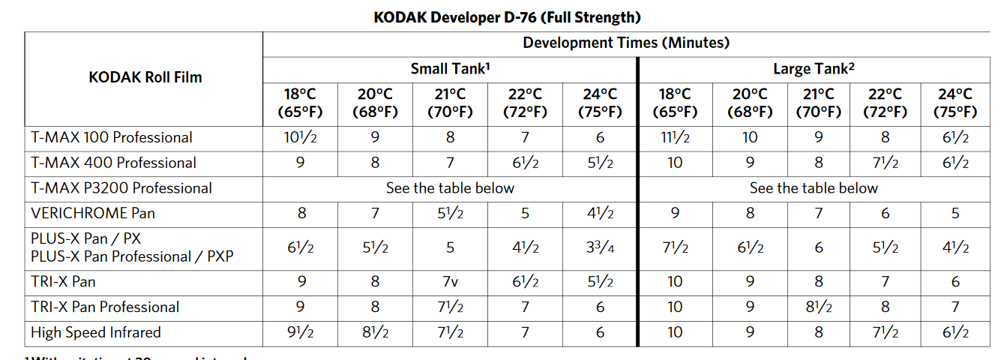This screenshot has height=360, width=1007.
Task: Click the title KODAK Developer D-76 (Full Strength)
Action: pos(507,16)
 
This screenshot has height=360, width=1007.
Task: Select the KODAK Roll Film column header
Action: pos(145,76)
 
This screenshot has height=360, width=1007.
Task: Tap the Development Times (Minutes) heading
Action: pos(626,43)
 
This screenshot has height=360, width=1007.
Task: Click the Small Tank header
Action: pos(450,69)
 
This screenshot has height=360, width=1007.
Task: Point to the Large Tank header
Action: pos(814,69)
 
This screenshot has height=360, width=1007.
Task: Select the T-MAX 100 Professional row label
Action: pos(112,137)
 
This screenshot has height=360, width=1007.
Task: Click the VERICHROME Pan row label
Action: pos(93,213)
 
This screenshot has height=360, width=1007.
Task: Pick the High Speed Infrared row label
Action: pos(96,332)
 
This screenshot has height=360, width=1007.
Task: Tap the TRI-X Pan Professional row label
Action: pos(105,307)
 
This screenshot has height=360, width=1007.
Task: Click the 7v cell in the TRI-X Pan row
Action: pos(450,282)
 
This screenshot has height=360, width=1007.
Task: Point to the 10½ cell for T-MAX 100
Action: pos(300,137)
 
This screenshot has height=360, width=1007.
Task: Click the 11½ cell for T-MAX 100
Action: pos(675,137)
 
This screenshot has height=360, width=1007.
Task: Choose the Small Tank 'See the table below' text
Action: pos(450,188)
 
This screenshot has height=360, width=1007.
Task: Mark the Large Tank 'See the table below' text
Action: pos(814,188)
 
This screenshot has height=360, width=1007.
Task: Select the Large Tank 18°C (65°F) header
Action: pos(675,103)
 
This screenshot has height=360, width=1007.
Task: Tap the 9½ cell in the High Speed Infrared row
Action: pos(300,332)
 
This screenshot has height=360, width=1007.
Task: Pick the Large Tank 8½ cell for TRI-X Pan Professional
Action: pos(818,307)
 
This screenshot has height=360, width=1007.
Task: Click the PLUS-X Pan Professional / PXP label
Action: pos(132,256)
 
